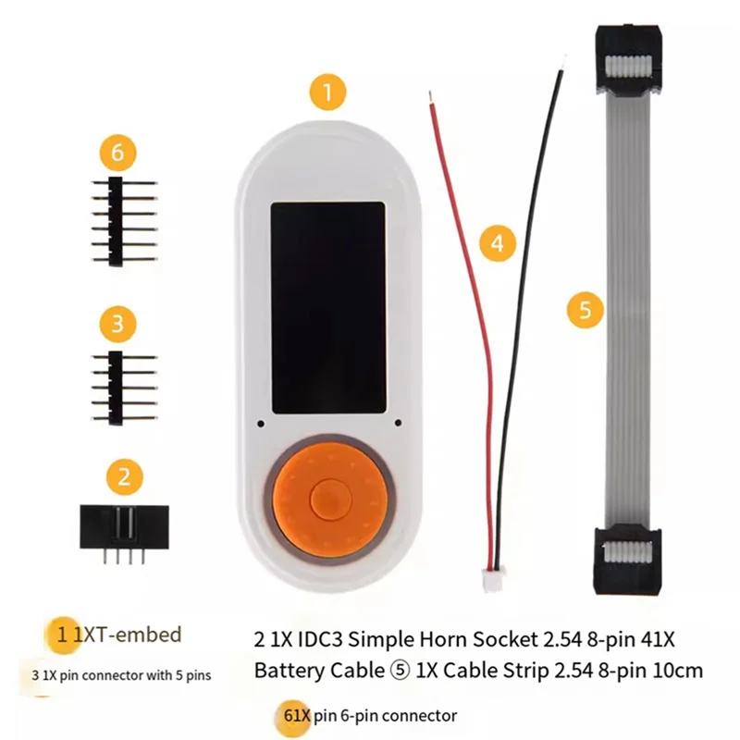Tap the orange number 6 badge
click(122, 151)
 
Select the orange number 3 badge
click(118, 324)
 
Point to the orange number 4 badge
click(498, 244)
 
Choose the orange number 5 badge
click(585, 309)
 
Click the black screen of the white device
click(327, 307)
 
